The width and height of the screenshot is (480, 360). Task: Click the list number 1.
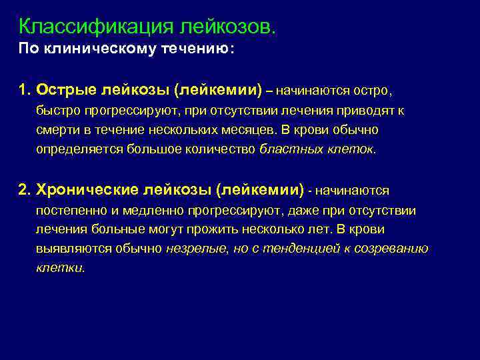[23, 89]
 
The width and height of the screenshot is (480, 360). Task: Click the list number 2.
[24, 191]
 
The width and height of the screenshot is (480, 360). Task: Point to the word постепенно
[70, 211]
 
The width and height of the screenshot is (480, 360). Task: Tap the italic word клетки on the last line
[59, 269]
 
